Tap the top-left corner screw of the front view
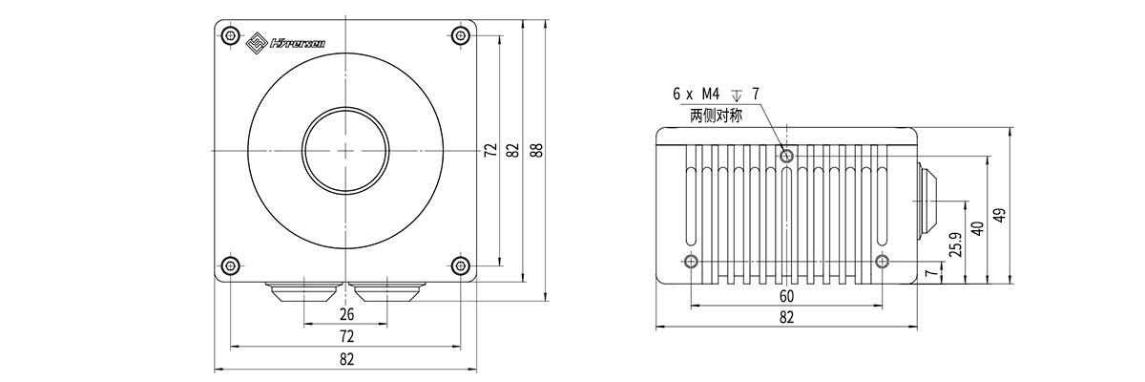(x=229, y=36)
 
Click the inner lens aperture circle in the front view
(x=345, y=151)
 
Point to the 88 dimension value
(x=536, y=150)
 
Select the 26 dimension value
(x=346, y=314)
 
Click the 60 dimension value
(x=786, y=296)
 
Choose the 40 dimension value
(x=976, y=229)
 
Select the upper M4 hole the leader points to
(x=786, y=156)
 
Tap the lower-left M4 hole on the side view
(x=691, y=262)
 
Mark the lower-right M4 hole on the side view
(x=883, y=262)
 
